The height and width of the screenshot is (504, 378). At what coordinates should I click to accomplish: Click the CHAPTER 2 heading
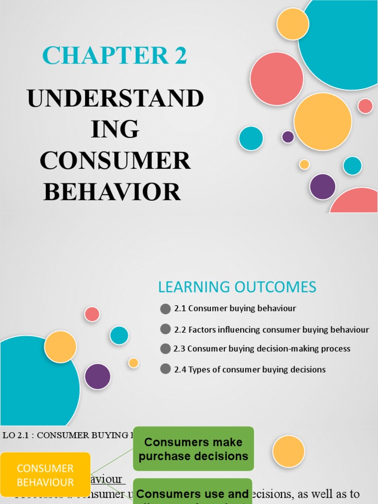point(114,56)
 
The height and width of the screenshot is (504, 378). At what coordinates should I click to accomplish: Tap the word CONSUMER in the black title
point(115,161)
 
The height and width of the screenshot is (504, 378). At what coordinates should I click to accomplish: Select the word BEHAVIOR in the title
point(112,191)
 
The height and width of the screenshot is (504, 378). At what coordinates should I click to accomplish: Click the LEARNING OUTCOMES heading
point(237,286)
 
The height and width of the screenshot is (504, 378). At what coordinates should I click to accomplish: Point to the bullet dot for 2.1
point(165,309)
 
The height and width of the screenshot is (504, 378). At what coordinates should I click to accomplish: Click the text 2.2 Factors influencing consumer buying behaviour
point(271,330)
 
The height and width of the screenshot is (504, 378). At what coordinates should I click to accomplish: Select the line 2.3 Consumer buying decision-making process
point(262,348)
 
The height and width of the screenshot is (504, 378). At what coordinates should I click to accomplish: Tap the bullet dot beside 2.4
point(165,369)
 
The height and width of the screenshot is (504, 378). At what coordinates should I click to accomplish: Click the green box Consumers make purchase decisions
point(193,449)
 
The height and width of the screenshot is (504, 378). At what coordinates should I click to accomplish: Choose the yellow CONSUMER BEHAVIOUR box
point(45,475)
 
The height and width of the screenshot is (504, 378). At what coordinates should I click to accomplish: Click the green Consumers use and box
point(192,492)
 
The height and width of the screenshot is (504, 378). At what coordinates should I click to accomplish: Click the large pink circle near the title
point(277,79)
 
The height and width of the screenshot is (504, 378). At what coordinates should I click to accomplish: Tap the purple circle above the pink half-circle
point(322,187)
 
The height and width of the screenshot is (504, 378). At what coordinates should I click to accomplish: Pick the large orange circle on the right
point(323,122)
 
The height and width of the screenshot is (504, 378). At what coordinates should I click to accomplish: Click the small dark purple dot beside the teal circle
point(288,137)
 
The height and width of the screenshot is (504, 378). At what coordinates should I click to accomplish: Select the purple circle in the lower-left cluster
point(97,377)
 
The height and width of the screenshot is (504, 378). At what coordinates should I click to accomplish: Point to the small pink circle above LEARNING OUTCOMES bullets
point(92,314)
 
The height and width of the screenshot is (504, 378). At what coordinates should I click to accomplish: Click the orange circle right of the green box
point(288,451)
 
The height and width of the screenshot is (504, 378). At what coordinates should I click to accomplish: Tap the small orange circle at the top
point(293,24)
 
